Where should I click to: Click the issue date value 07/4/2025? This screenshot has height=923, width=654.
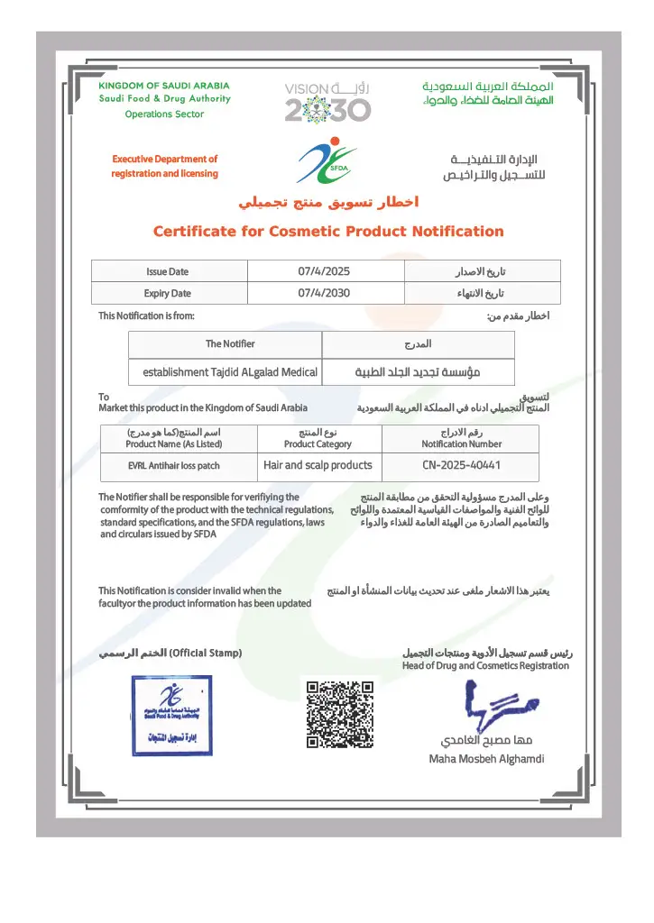pos(324,271)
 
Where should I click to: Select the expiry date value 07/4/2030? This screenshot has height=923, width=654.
pos(324,293)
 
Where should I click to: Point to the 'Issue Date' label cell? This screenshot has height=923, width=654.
pos(168,271)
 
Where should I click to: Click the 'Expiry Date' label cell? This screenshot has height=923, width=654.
pos(168,293)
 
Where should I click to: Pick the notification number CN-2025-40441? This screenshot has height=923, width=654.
pos(461,466)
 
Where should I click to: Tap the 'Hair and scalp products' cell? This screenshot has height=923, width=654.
pos(318,466)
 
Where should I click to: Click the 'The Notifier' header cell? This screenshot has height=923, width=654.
pos(230,344)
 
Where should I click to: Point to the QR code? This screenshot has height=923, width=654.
pos(340,715)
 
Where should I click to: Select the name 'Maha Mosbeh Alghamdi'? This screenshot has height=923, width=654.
pos(486,759)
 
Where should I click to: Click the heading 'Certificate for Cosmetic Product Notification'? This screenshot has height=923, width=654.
pos(328,232)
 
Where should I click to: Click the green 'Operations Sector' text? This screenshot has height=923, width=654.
pos(164,114)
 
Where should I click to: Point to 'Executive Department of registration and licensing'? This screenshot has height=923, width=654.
pos(164,166)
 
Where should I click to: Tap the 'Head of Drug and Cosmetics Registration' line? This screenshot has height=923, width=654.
pos(485,666)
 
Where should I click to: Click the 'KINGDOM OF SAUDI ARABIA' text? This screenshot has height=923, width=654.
pos(164,86)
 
